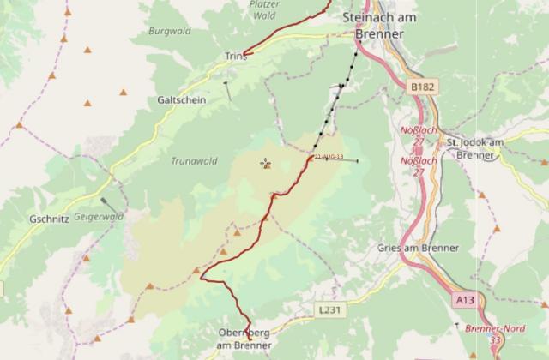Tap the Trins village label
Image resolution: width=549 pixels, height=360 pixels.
(235, 56)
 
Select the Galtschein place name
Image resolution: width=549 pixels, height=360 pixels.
(181, 99)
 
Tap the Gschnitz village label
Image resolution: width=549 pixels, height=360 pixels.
(48, 219)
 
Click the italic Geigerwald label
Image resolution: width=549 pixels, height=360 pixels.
(99, 217)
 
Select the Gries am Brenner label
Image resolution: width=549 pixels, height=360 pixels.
(418, 248)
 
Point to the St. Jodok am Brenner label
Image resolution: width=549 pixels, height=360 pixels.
(475, 147)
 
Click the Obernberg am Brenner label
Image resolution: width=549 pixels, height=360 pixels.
(244, 339)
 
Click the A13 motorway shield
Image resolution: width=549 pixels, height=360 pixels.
(464, 300)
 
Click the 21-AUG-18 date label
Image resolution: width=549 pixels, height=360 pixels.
(329, 158)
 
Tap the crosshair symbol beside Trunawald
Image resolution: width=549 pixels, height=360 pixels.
(265, 162)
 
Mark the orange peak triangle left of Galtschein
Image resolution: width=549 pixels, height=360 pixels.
(124, 90)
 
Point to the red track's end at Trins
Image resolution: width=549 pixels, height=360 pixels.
(246, 54)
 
